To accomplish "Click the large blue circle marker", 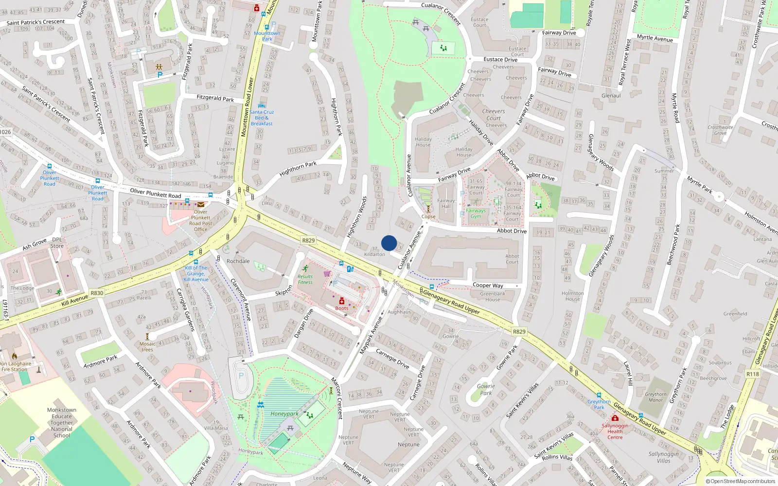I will click(x=389, y=243).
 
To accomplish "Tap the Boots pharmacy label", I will click(x=342, y=308).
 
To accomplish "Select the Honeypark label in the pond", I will click(x=284, y=414).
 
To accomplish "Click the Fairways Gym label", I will click(x=476, y=213).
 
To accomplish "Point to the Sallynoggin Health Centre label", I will click(x=615, y=431).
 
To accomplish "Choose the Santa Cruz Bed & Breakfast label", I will click(x=262, y=118).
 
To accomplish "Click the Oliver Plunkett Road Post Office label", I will click(x=200, y=221).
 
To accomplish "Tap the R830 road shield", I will click(x=97, y=293).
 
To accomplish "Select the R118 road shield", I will click(x=752, y=374).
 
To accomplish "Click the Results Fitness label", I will click(x=305, y=279).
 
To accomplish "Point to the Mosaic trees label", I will click(x=147, y=347).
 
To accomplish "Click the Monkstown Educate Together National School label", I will click(x=62, y=423).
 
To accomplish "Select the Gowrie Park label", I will click(x=486, y=390).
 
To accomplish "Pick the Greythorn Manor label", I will click(x=655, y=397).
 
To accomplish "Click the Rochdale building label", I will click(x=238, y=261).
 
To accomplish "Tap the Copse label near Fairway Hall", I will click(x=428, y=217).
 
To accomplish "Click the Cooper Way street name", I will click(x=488, y=285).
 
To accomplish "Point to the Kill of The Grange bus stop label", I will click(x=196, y=274).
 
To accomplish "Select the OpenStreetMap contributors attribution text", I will click(x=741, y=481).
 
